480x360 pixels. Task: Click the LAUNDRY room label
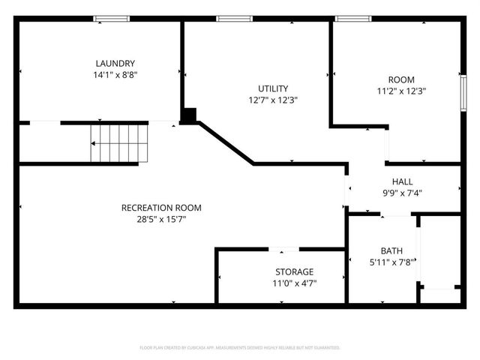pyautogui.click(x=115, y=64)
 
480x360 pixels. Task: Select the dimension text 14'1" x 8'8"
pyautogui.click(x=115, y=75)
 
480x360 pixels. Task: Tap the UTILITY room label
pyautogui.click(x=273, y=88)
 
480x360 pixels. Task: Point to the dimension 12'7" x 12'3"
pyautogui.click(x=273, y=100)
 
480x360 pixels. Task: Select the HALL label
pyautogui.click(x=402, y=181)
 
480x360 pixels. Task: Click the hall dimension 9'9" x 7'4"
pyautogui.click(x=402, y=193)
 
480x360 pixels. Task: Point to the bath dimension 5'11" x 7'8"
pyautogui.click(x=390, y=262)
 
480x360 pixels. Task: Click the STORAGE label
pyautogui.click(x=294, y=271)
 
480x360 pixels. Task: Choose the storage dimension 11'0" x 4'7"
pyautogui.click(x=294, y=283)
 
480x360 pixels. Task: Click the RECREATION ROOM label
pyautogui.click(x=161, y=208)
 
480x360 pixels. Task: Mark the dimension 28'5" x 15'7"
pyautogui.click(x=161, y=219)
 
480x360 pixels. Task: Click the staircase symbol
pyautogui.click(x=120, y=143)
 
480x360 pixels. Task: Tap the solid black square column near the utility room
pyautogui.click(x=190, y=115)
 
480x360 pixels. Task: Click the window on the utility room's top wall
pyautogui.click(x=235, y=19)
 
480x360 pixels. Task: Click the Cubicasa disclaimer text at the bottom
pyautogui.click(x=240, y=348)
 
